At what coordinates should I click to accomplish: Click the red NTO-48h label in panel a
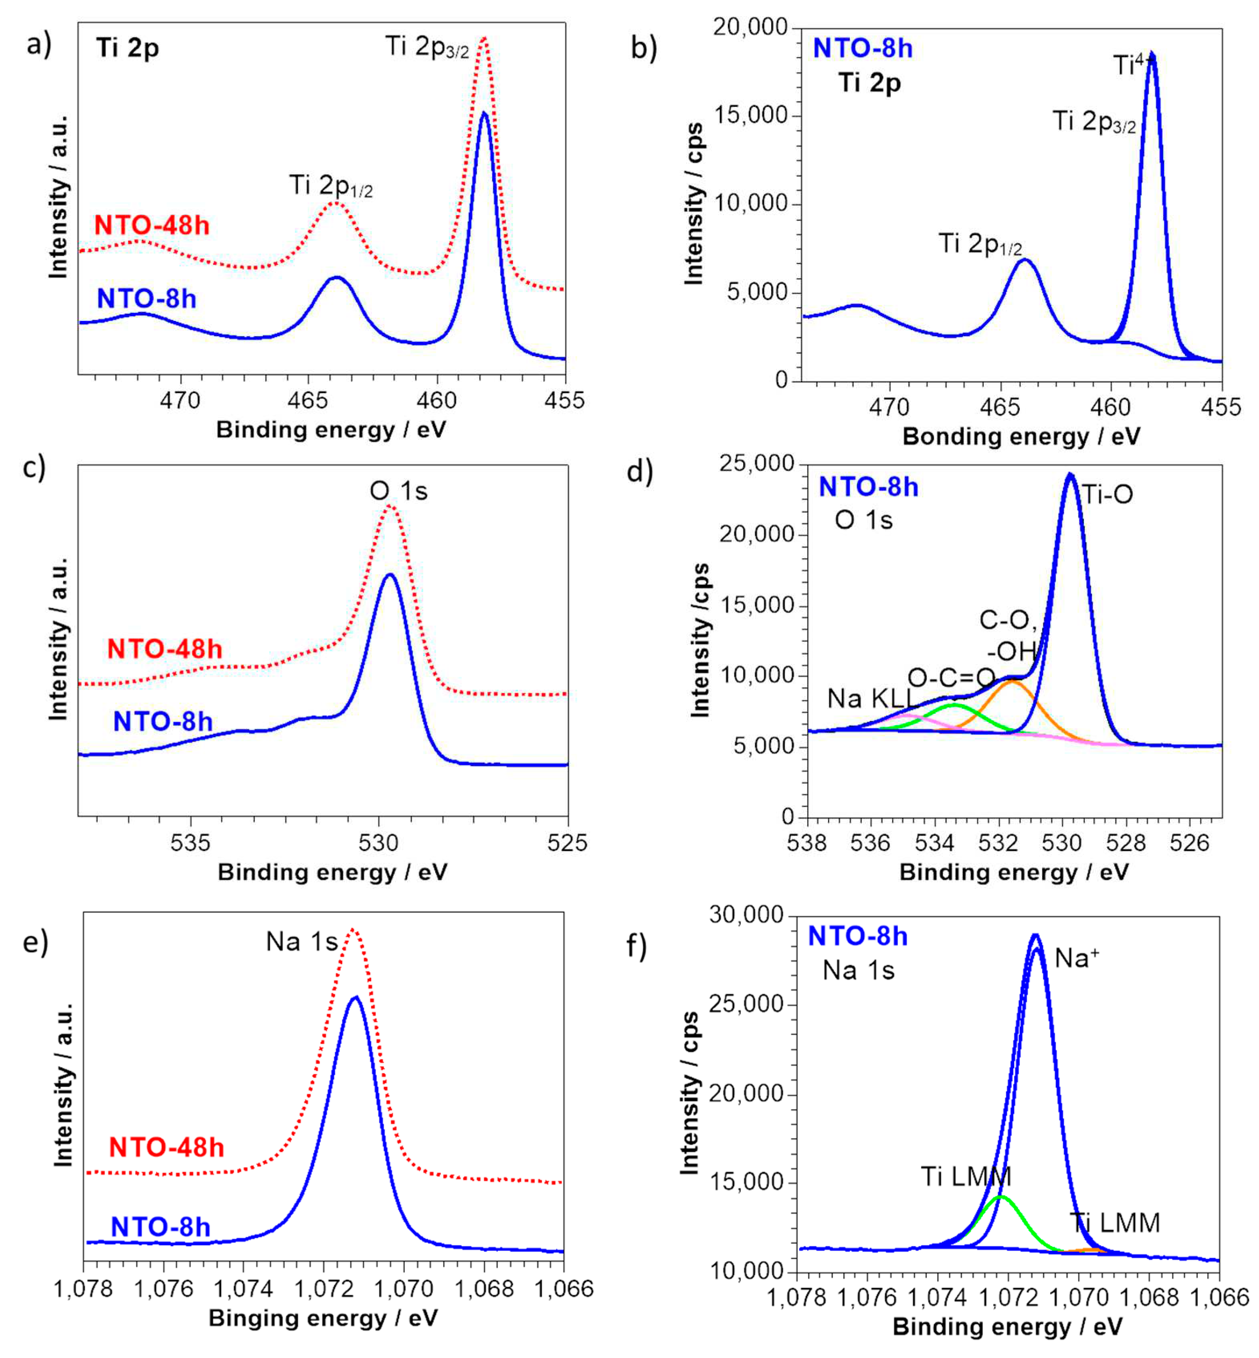coord(151,225)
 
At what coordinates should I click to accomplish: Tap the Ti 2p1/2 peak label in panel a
coord(331,185)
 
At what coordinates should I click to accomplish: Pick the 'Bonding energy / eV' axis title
coord(1021,437)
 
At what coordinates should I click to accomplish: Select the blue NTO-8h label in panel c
coord(163,721)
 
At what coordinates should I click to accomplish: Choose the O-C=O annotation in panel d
coord(951,678)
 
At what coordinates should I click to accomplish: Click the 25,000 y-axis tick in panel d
coord(756,464)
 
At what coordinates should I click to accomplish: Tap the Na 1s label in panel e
coord(302,942)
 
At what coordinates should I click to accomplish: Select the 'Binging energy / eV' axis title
coord(323,1318)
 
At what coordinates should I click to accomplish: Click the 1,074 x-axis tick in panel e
coord(243,1289)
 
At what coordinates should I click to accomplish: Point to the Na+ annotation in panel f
coord(1076,958)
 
